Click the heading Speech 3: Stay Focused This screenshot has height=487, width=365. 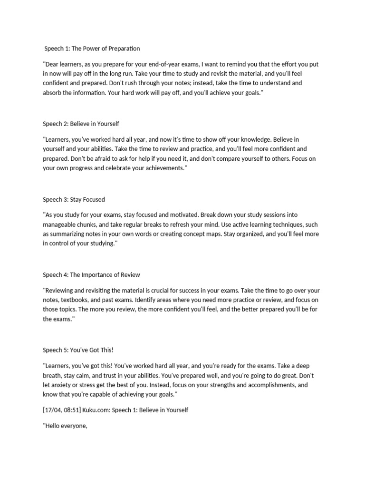(x=74, y=199)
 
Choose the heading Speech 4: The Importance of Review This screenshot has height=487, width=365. (x=91, y=275)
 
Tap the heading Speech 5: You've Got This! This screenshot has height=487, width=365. (x=78, y=351)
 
